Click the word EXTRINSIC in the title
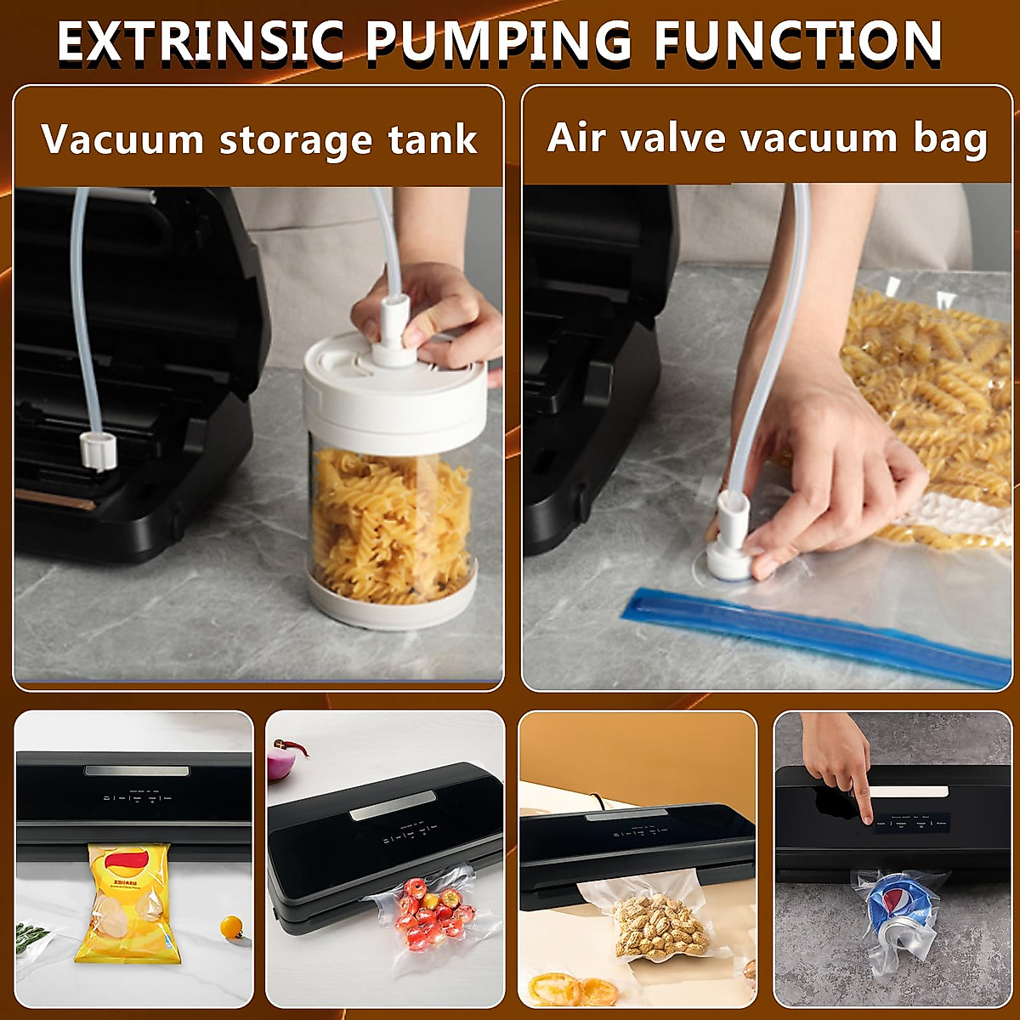tap(200, 41)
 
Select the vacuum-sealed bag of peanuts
tap(659, 926)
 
